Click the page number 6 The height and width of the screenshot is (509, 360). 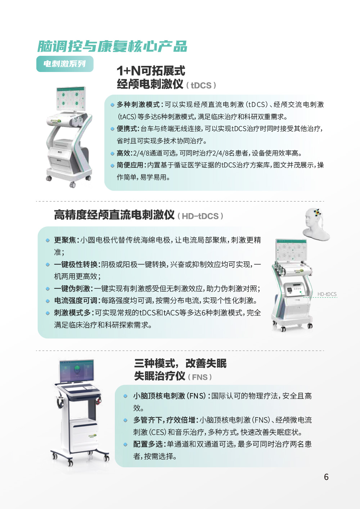click(x=326, y=477)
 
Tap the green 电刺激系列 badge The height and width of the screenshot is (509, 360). click(x=65, y=64)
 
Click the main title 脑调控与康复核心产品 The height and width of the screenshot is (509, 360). click(x=112, y=46)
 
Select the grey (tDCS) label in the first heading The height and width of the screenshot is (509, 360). click(x=201, y=85)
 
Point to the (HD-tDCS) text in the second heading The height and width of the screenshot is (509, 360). click(x=201, y=216)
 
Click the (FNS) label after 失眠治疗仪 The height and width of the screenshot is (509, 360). click(x=200, y=377)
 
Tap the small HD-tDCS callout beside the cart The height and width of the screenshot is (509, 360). click(x=327, y=294)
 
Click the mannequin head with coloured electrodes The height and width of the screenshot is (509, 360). click(x=316, y=224)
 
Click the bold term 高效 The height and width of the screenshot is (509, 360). click(x=123, y=153)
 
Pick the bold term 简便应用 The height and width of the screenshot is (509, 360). click(x=130, y=165)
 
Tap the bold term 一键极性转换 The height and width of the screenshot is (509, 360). click(x=76, y=265)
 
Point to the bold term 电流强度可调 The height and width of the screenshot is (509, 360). click(x=76, y=301)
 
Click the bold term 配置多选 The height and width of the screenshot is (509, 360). click(x=148, y=444)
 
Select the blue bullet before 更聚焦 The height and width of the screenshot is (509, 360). click(x=48, y=240)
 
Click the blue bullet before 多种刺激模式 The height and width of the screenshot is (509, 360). click(x=112, y=105)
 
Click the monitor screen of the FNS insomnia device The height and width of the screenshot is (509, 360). click(x=77, y=371)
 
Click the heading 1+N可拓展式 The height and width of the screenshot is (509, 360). click(x=151, y=71)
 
